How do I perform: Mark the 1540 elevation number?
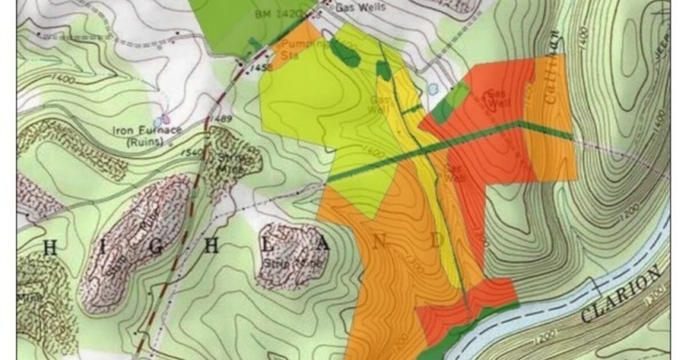194,152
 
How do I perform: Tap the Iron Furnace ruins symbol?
165,120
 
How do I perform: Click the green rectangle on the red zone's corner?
450,103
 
